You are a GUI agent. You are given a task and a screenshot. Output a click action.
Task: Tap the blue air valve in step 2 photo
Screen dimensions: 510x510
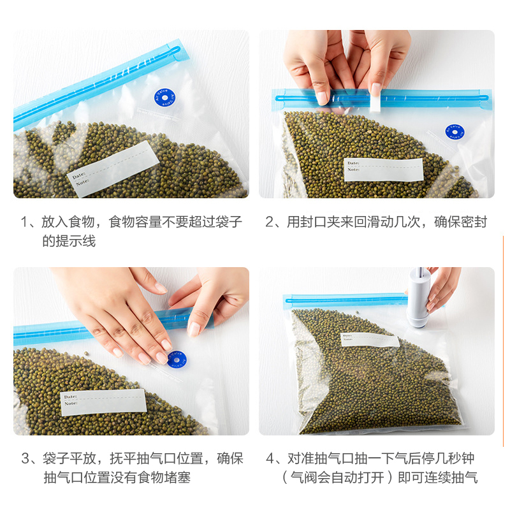(x=455, y=132)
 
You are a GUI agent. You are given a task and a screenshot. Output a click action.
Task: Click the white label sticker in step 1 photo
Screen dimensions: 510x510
(x=113, y=169)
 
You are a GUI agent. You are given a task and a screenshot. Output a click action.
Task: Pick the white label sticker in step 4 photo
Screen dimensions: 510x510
(x=369, y=340)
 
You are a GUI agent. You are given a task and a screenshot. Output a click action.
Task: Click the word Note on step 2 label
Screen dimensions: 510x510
(x=353, y=170)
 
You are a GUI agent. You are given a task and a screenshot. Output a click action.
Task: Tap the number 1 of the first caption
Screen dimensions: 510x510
(x=25, y=222)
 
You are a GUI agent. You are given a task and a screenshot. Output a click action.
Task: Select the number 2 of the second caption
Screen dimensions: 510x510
(x=270, y=222)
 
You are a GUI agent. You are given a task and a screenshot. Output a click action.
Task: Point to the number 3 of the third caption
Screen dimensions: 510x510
(x=25, y=458)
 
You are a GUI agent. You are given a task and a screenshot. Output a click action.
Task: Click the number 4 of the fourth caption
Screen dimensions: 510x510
(x=270, y=458)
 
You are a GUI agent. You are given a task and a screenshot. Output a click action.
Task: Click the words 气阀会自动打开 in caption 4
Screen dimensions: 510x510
(x=338, y=477)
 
